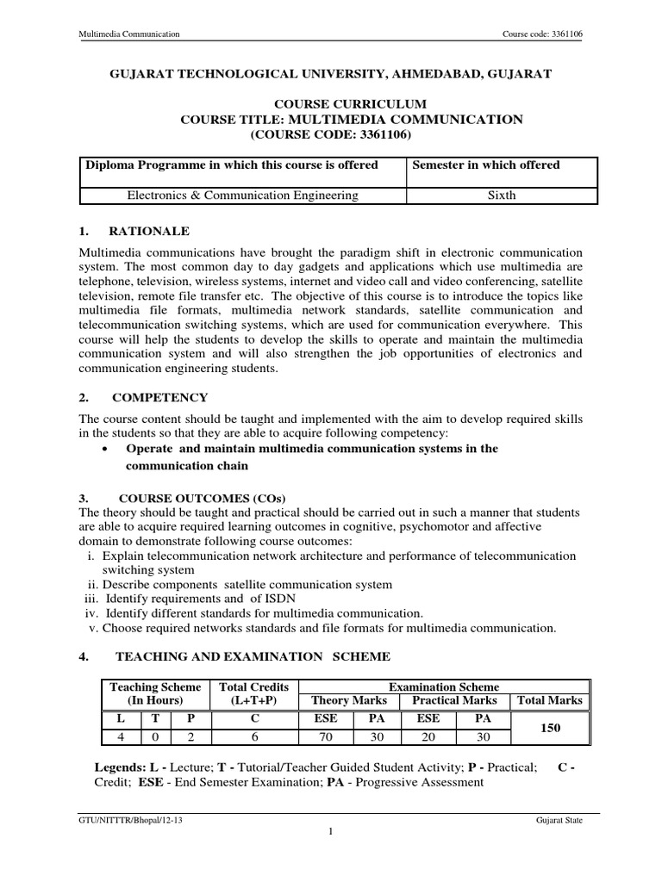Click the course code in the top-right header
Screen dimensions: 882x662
542,34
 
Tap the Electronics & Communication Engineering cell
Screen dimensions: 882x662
242,195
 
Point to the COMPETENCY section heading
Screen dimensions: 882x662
162,397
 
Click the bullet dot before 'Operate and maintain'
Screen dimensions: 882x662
104,450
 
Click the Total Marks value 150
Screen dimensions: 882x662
550,728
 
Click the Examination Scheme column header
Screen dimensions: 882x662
444,686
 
